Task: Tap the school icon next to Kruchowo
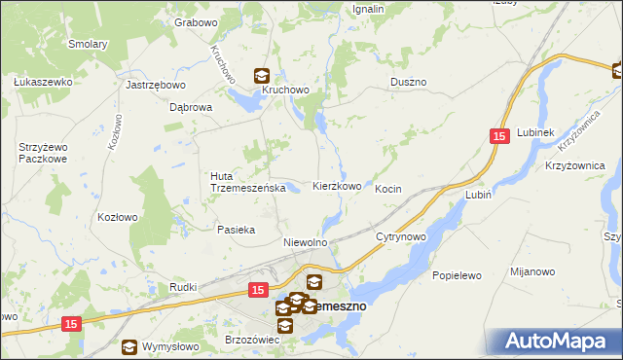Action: click(262, 74)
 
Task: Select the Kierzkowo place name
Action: click(337, 186)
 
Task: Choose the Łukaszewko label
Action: click(43, 83)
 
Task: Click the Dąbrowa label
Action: click(190, 108)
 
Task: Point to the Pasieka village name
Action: click(236, 230)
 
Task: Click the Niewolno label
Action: click(304, 241)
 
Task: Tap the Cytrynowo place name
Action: click(401, 236)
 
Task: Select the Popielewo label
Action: click(458, 275)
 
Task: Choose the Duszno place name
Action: click(409, 83)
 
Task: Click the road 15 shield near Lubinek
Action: click(499, 139)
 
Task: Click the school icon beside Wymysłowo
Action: click(128, 345)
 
